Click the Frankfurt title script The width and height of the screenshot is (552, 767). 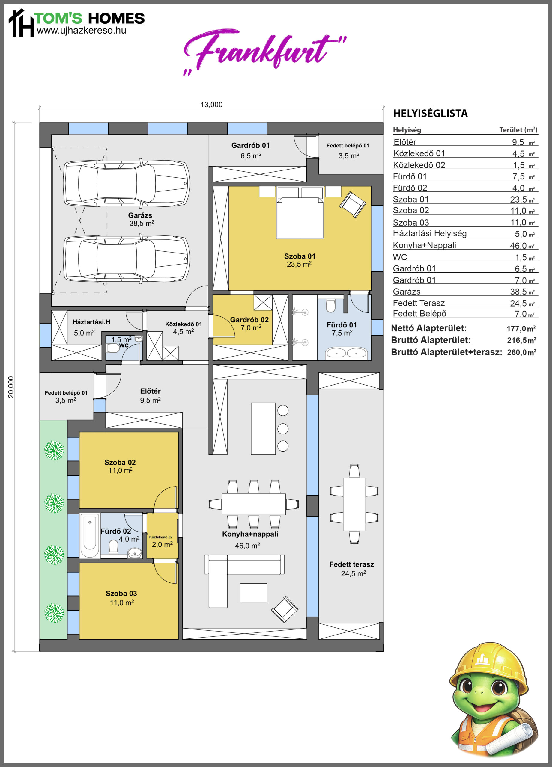(265, 51)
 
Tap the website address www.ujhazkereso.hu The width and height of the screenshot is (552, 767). (81, 31)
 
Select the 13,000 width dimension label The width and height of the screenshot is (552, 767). (211, 105)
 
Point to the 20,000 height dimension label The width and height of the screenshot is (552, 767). (11, 387)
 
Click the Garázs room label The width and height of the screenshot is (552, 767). (140, 215)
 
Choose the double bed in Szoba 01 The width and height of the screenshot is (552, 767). (300, 212)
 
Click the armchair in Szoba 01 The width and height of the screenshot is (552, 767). (353, 205)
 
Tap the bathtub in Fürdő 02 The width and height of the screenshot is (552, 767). (90, 535)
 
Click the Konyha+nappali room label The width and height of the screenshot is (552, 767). (250, 534)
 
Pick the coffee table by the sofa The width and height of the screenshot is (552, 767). (253, 593)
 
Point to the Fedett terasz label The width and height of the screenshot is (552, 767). (352, 564)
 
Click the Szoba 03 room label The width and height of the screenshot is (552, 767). (121, 594)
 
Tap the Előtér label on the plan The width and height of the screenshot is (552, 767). (150, 391)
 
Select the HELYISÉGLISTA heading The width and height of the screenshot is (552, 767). (431, 113)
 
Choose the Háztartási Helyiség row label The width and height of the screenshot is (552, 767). (429, 234)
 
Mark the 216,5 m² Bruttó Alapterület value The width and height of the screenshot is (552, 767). (521, 340)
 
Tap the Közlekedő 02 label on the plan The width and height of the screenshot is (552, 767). (161, 537)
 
